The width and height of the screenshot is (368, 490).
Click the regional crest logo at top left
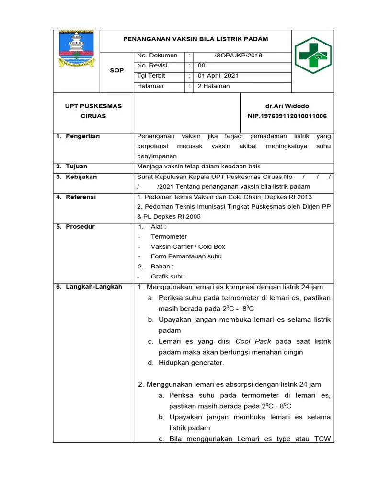(77, 48)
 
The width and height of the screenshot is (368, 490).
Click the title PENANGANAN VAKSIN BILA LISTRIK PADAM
(195, 39)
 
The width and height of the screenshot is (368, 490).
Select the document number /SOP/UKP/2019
(238, 56)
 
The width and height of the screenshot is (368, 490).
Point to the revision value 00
(202, 66)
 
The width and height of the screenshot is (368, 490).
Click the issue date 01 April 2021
(218, 76)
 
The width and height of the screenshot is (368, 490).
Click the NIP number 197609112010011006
(287, 116)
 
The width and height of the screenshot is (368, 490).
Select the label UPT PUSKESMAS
(93, 106)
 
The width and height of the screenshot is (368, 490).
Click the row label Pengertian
(83, 136)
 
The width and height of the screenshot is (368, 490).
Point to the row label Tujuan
(77, 167)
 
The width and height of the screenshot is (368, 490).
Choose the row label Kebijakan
(81, 177)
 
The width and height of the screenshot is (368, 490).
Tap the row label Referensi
(81, 197)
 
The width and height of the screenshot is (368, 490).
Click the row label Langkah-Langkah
(94, 287)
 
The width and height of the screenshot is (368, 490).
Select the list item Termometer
(169, 236)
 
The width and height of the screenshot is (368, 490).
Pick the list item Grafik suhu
(168, 277)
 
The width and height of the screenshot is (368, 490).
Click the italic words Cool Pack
(253, 341)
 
